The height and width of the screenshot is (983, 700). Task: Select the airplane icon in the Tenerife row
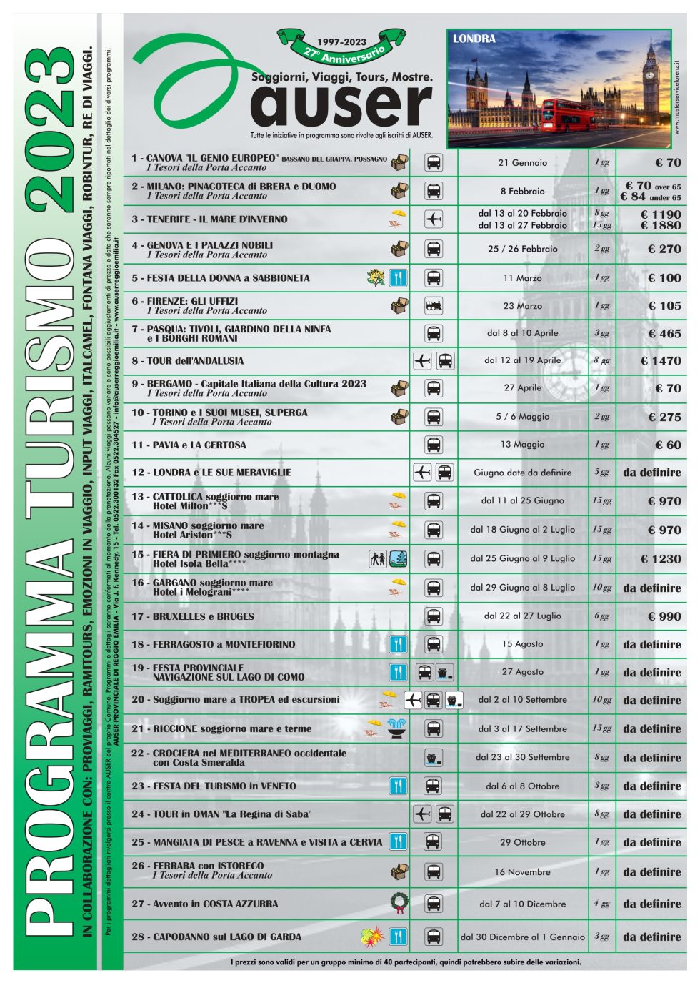coord(434,219)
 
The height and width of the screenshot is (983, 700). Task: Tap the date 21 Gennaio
coord(522,162)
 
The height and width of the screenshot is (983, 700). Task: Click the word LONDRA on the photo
coord(474,39)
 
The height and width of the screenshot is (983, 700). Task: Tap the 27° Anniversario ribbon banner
coord(341,48)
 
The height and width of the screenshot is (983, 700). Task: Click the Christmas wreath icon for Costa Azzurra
coord(400,903)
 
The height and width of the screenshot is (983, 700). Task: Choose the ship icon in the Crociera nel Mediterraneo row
coord(433,758)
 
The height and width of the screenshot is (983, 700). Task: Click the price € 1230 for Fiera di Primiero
coord(661,559)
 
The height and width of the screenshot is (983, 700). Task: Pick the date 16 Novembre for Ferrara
coord(522,872)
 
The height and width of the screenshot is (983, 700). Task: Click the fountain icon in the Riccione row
coord(396,728)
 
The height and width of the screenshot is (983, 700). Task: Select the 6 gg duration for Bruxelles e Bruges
coord(601,616)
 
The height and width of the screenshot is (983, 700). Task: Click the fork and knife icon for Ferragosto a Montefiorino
coord(398,644)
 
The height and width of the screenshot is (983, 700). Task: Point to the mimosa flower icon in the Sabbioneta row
coord(376,277)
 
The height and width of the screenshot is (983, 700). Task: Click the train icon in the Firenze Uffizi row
coord(433,305)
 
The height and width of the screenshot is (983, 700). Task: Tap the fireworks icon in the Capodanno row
coord(373,935)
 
